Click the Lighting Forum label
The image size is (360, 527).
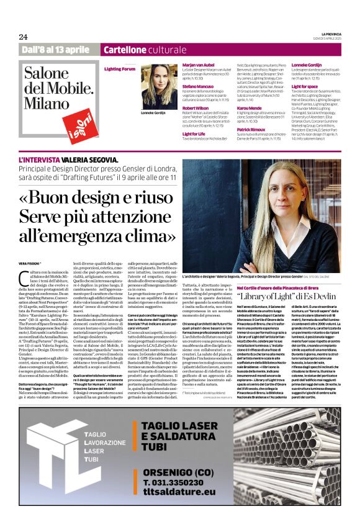119,69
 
